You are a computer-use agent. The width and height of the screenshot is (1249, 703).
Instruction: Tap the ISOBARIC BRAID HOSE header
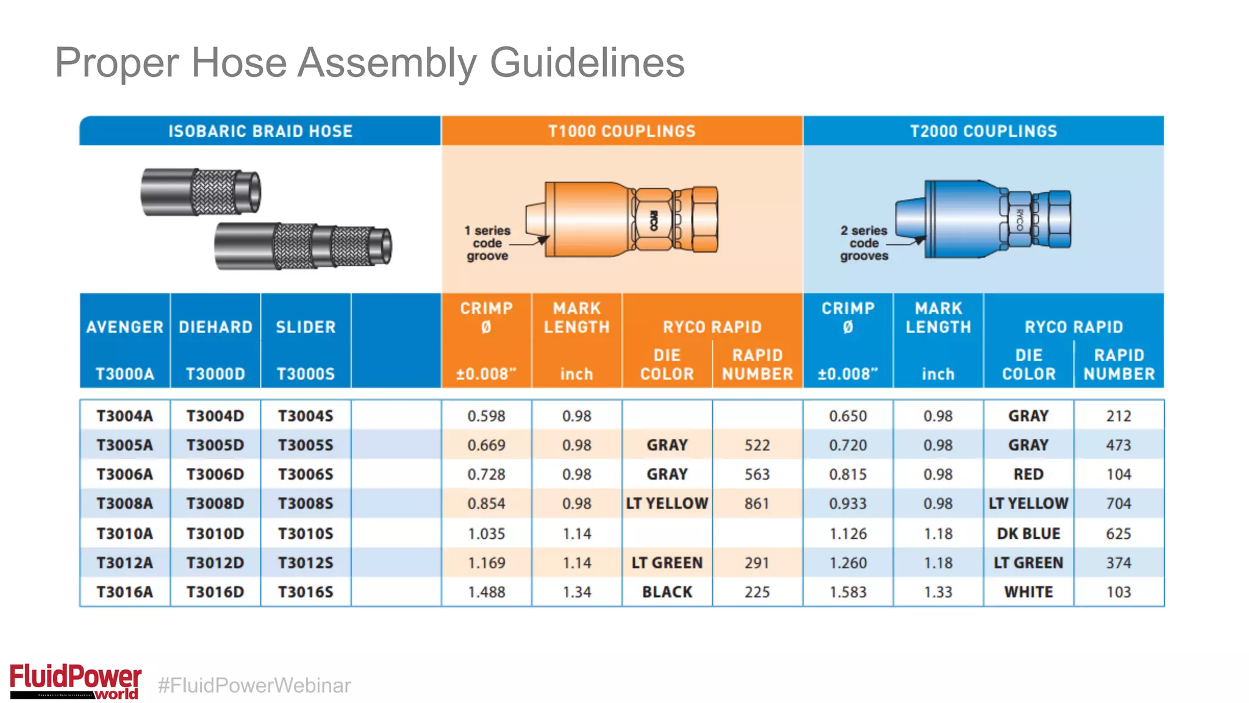(x=260, y=131)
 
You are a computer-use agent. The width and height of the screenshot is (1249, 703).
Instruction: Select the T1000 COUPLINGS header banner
(x=621, y=131)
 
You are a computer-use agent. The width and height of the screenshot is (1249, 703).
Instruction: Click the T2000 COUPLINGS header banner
(x=983, y=131)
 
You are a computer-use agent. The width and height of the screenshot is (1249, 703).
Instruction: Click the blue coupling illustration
(x=983, y=218)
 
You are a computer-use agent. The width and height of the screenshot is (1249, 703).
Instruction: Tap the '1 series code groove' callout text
(x=487, y=243)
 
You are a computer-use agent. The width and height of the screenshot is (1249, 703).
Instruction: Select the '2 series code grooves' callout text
(x=864, y=243)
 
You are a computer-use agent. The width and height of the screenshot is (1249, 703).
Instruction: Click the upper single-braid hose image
(x=201, y=192)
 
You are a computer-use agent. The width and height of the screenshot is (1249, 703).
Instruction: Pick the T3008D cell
(x=215, y=503)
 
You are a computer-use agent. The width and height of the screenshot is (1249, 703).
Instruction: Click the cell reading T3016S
(x=306, y=592)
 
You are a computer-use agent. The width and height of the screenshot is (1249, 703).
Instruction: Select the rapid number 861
(x=757, y=503)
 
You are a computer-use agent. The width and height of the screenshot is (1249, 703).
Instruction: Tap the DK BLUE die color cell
(x=1028, y=533)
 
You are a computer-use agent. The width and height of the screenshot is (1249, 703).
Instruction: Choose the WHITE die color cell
(x=1028, y=592)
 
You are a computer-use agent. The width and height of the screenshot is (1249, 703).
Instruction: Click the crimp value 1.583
(x=848, y=592)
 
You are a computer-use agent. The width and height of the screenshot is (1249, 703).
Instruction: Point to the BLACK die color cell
(x=667, y=592)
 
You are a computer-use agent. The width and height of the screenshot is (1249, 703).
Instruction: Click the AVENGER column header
(x=125, y=327)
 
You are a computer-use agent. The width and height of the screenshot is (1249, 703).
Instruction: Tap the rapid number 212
(x=1118, y=416)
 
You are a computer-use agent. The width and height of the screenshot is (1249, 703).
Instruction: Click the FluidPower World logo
(x=76, y=681)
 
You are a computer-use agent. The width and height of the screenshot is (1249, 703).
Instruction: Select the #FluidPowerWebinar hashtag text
(x=254, y=685)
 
